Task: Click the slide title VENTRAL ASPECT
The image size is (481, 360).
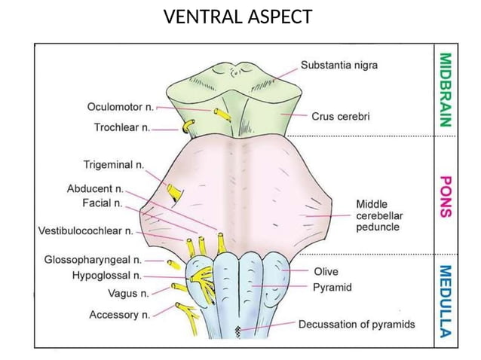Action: pyautogui.click(x=238, y=17)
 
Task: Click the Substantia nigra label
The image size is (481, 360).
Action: pyautogui.click(x=339, y=66)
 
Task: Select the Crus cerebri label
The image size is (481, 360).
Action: pyautogui.click(x=341, y=117)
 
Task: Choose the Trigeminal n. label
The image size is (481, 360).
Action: pyautogui.click(x=114, y=163)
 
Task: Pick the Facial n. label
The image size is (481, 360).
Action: pyautogui.click(x=103, y=203)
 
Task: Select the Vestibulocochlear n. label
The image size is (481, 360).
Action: pyautogui.click(x=85, y=231)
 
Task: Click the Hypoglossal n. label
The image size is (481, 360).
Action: pyautogui.click(x=107, y=276)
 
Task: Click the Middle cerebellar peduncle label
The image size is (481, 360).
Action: pyautogui.click(x=378, y=215)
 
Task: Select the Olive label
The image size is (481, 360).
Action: pyautogui.click(x=326, y=271)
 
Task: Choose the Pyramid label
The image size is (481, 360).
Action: pyautogui.click(x=332, y=287)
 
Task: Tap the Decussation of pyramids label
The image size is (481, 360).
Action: pyautogui.click(x=357, y=325)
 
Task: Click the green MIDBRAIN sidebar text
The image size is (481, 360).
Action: pyautogui.click(x=446, y=88)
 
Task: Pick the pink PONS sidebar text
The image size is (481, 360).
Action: pyautogui.click(x=446, y=197)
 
